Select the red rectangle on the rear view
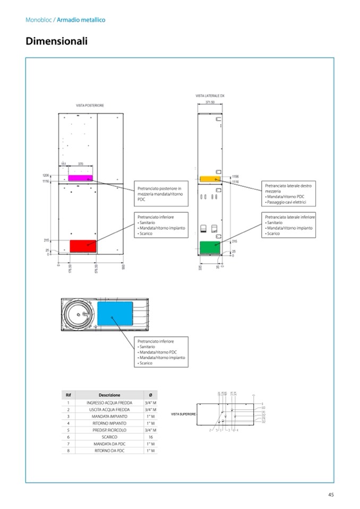83,246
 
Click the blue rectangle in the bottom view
115,315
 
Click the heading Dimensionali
56,41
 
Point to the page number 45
330,495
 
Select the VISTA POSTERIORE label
90,106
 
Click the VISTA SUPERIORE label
183,413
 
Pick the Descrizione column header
109,395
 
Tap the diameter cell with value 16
150,437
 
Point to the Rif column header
68,395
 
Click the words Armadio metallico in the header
81,20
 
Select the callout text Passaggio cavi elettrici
287,203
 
